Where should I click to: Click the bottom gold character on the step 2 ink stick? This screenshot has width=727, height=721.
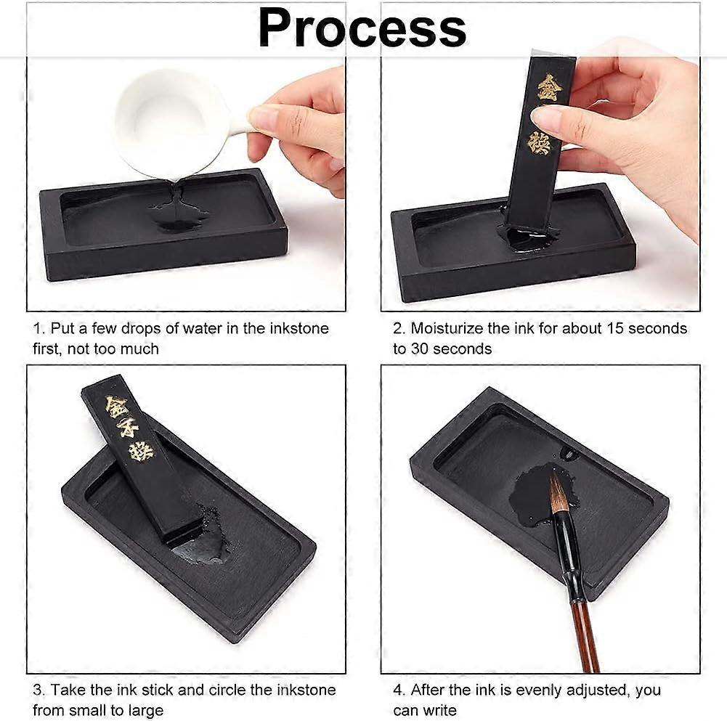click(x=539, y=142)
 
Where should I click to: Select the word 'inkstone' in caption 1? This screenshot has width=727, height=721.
click(x=298, y=328)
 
